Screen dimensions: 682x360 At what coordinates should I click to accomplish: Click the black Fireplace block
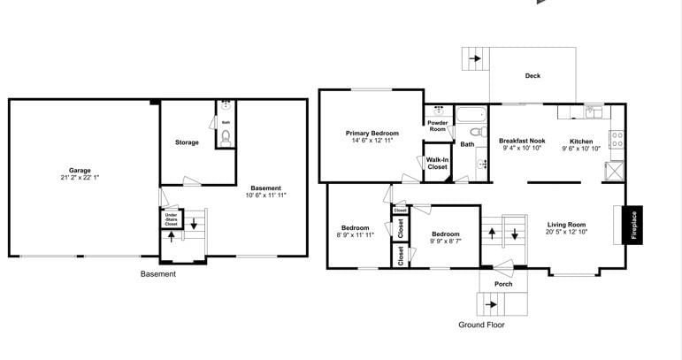pos(632,225)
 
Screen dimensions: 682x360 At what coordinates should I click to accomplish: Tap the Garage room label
pos(80,171)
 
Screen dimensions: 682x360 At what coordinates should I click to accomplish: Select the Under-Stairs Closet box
pos(172,218)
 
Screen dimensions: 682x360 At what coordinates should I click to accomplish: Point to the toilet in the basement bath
pos(226,137)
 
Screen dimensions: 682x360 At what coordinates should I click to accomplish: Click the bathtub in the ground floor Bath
pos(471,114)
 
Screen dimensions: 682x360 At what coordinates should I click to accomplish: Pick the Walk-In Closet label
pos(437,164)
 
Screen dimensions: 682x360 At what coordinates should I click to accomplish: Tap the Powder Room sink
pos(439,111)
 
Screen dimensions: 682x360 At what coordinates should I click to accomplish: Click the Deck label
pos(533,76)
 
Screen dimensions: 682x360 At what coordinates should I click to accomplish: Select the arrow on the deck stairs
pos(475,58)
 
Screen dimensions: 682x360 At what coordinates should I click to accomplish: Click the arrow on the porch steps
pos(491,304)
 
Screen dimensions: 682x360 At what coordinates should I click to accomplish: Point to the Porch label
pos(503,284)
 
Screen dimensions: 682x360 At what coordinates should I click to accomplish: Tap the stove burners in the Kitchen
pos(617,139)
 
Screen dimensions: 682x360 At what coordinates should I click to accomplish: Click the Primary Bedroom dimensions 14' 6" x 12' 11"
pos(372,141)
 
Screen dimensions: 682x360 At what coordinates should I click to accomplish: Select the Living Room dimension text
pos(566,232)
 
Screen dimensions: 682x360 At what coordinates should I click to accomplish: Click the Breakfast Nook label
pos(522,141)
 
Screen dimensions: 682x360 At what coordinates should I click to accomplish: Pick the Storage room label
pos(187,142)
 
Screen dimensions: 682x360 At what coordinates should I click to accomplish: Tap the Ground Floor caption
pos(481,325)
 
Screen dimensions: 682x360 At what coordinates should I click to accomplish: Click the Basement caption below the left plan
pos(158,274)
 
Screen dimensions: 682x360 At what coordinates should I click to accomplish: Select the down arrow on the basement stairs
pos(194,225)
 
